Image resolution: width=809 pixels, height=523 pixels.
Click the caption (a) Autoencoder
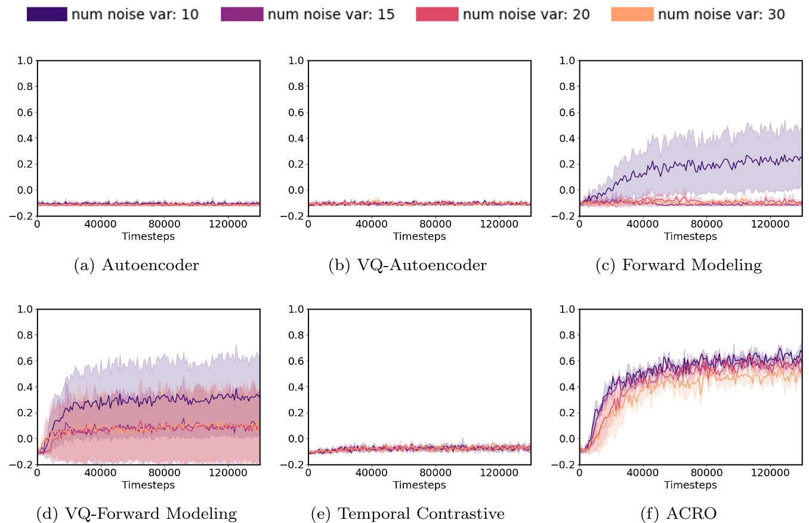[x=136, y=266]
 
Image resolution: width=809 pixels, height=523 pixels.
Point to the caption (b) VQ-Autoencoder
[x=407, y=266]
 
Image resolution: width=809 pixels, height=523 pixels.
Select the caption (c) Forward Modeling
[x=678, y=266]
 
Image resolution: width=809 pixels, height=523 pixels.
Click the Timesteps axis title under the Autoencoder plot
[x=148, y=237]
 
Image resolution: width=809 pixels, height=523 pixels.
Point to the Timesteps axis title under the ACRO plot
[x=690, y=485]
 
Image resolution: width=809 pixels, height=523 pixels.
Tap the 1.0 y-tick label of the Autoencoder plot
[x=23, y=60]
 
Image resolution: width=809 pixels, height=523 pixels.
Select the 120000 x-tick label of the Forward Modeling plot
[x=770, y=225]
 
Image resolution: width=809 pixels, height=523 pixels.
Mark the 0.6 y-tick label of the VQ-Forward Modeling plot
[x=23, y=361]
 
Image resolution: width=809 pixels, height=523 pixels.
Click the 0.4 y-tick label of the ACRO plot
[x=565, y=387]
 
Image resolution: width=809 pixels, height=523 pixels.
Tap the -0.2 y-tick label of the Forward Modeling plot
[x=563, y=216]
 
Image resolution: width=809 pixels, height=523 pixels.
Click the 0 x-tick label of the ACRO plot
[x=579, y=474]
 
